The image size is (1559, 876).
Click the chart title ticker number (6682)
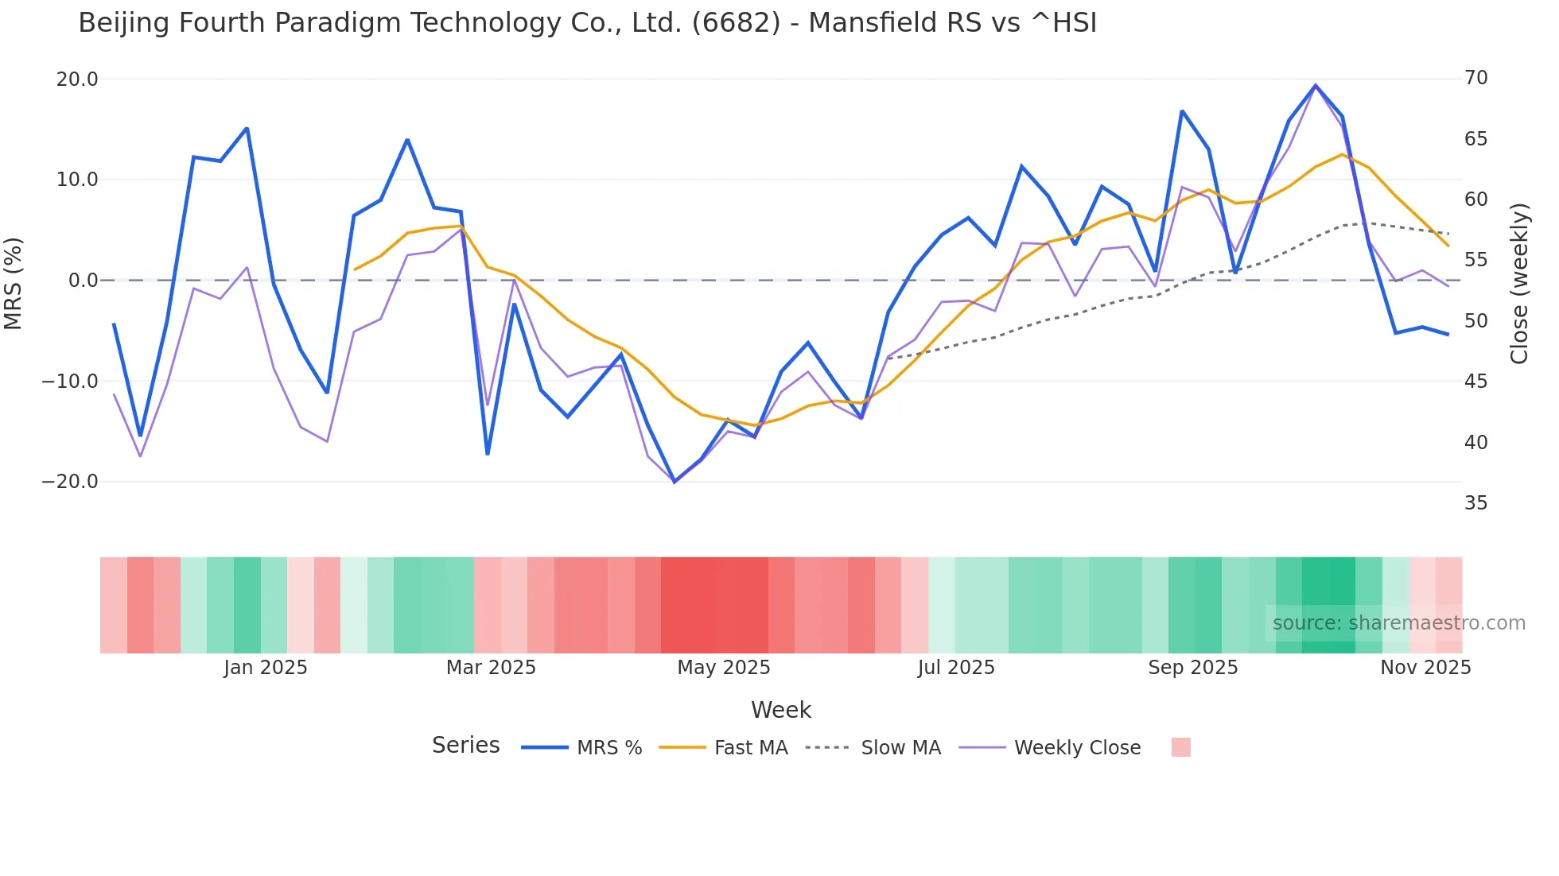(x=736, y=23)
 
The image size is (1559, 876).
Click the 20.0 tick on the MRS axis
(x=77, y=79)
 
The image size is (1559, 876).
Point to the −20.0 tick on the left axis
(x=71, y=482)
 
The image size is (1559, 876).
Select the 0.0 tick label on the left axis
(x=83, y=281)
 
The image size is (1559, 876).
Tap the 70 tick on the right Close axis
(x=1475, y=78)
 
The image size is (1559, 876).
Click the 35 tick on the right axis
(x=1475, y=503)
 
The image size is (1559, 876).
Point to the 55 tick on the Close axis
(x=1475, y=260)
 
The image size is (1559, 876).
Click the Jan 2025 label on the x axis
(x=265, y=668)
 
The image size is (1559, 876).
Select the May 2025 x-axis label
(x=723, y=668)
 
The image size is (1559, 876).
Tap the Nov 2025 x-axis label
(x=1425, y=668)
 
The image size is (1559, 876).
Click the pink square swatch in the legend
(x=1180, y=747)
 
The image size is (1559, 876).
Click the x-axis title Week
(x=780, y=710)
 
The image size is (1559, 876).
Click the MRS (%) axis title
(x=14, y=283)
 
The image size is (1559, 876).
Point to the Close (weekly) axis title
(x=1519, y=283)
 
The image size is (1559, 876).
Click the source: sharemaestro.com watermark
(x=1398, y=623)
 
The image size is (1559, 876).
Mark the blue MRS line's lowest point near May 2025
(x=675, y=482)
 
